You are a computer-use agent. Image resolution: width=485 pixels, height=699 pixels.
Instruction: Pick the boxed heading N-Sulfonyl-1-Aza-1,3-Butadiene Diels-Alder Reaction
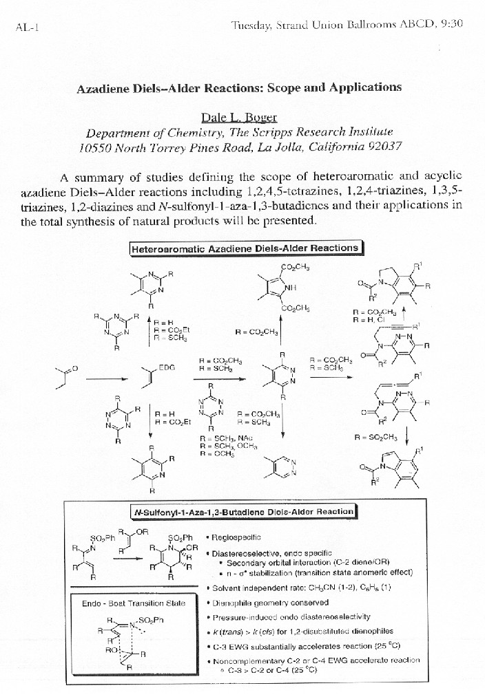[244, 511]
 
